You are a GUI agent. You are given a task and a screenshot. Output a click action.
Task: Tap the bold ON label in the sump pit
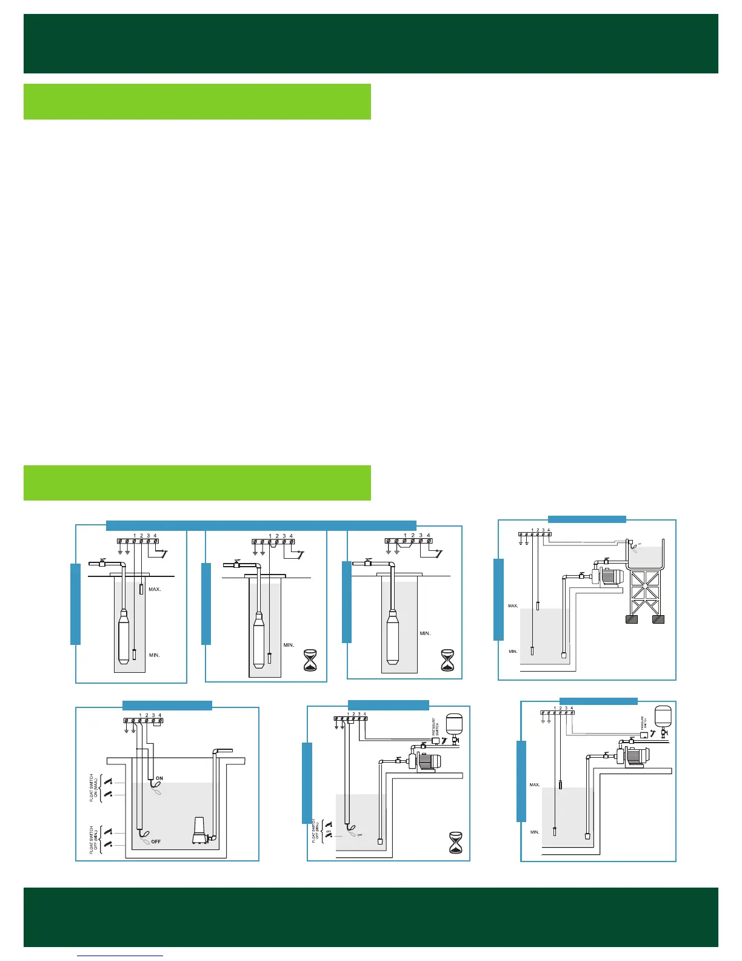[160, 778]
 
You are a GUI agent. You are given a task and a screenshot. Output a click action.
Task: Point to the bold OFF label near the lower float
[156, 841]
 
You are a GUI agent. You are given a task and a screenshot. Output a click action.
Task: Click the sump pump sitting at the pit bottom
[201, 831]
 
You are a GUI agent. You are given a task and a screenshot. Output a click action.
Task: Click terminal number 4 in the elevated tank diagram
[549, 530]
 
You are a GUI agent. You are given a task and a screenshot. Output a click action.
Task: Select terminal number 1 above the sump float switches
[140, 715]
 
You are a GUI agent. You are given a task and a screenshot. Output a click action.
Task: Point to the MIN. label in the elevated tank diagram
[513, 651]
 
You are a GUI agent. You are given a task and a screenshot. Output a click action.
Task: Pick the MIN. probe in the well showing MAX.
[134, 654]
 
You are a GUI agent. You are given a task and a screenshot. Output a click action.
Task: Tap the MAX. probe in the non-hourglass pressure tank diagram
[561, 784]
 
